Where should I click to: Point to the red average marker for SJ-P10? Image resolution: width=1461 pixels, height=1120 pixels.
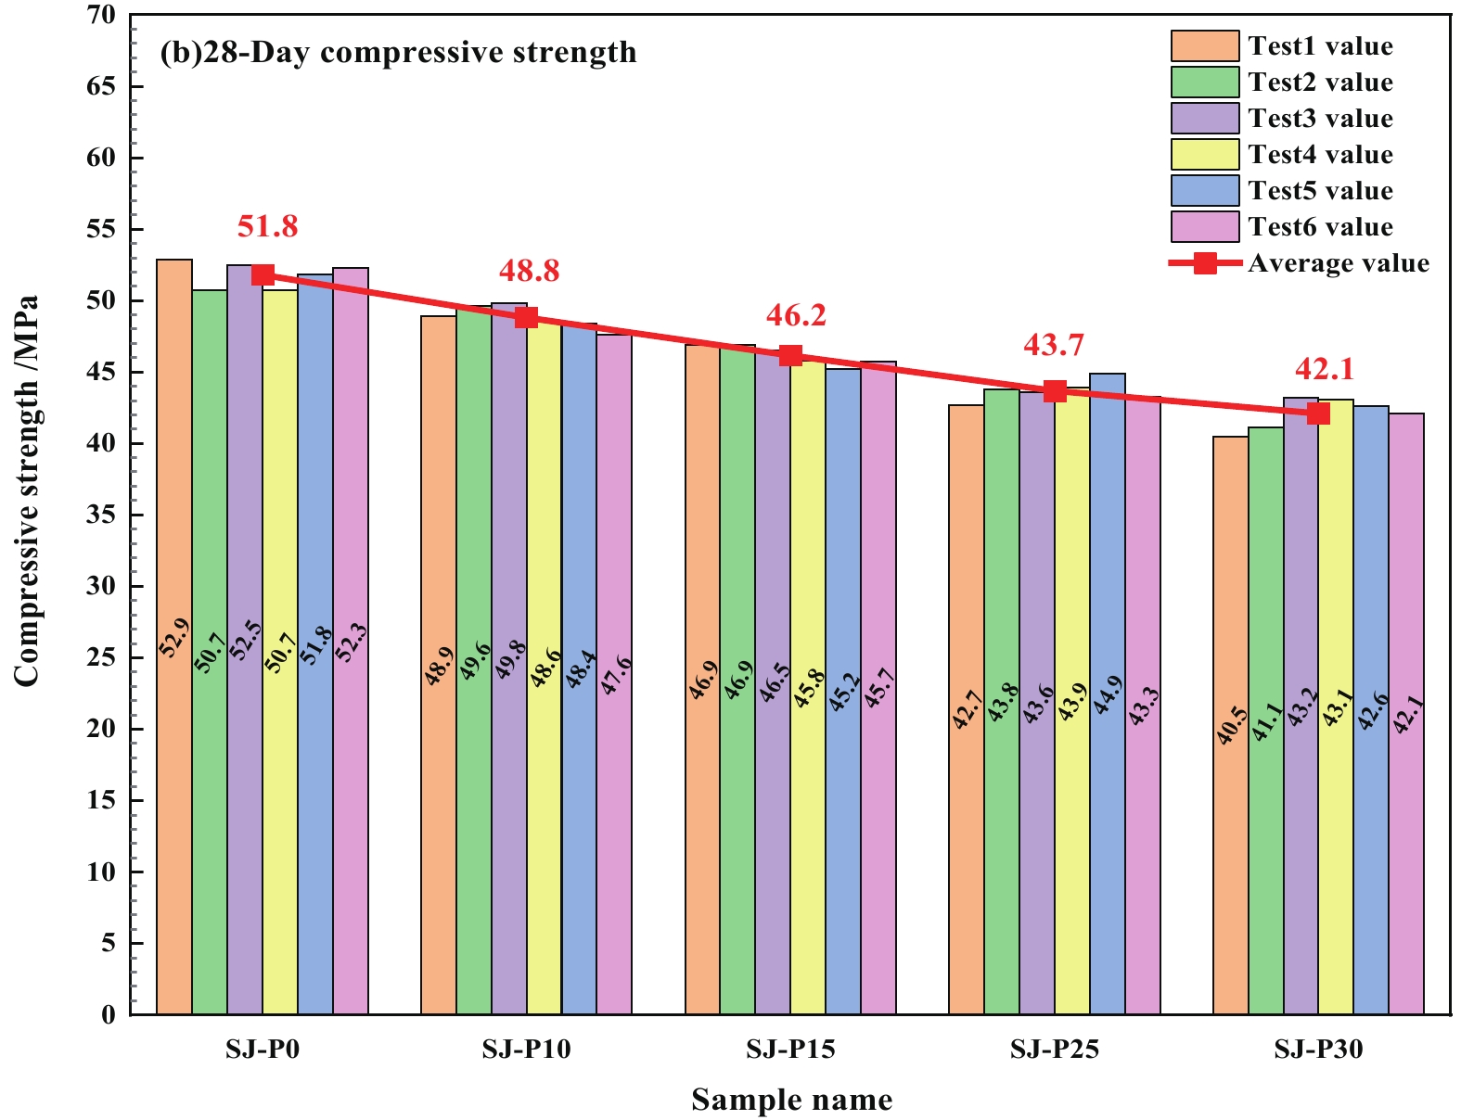tap(526, 317)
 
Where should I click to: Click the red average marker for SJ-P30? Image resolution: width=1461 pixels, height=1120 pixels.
tap(1318, 413)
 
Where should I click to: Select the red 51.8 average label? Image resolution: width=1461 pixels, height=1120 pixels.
tap(267, 226)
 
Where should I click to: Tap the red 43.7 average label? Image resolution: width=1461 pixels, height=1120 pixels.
tap(1054, 345)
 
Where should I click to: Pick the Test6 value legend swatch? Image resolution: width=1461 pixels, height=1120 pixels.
tap(1205, 227)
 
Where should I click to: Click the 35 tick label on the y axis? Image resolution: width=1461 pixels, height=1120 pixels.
tap(103, 515)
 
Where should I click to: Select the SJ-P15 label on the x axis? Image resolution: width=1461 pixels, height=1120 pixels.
tap(790, 1050)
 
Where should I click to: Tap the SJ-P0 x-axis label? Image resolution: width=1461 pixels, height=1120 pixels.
tap(263, 1050)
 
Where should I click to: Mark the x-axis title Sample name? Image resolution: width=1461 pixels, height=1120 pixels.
tap(791, 1100)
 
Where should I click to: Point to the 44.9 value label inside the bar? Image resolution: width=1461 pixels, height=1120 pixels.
tap(1108, 695)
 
